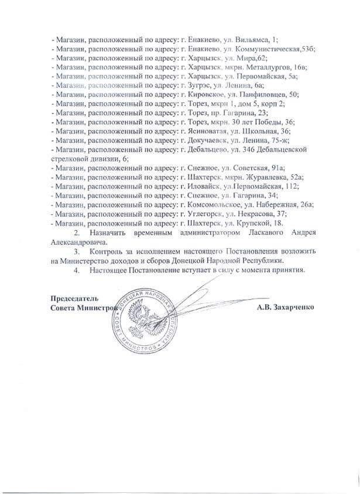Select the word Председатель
pos(71,299)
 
